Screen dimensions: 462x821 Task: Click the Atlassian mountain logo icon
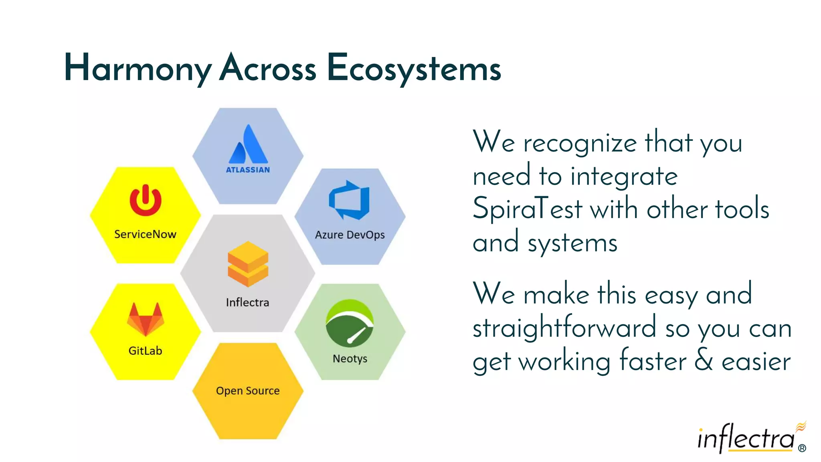click(248, 144)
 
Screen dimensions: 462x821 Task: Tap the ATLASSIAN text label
click(248, 170)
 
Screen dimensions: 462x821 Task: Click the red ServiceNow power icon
click(146, 200)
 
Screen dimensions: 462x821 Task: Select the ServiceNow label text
click(145, 234)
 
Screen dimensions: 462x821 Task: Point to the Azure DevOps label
click(350, 235)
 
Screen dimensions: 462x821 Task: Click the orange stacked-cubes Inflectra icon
click(248, 264)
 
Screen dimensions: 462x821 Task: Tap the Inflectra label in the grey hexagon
click(247, 302)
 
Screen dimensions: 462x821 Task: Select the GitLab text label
click(145, 351)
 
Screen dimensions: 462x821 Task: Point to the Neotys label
click(350, 359)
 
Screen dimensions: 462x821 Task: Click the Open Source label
click(248, 391)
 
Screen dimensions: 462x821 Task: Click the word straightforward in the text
click(564, 328)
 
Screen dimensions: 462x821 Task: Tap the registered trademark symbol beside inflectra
click(802, 448)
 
